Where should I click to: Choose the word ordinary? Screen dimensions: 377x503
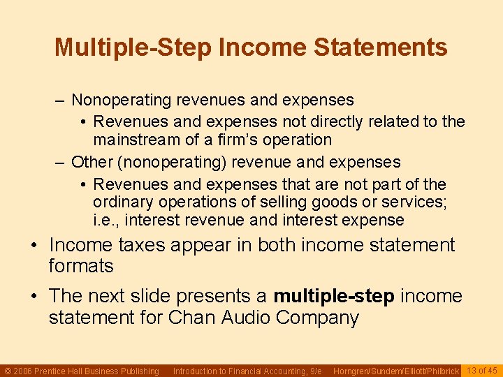coord(124,202)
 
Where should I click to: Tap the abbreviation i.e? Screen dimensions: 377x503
coord(107,221)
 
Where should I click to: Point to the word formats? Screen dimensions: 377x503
coord(80,266)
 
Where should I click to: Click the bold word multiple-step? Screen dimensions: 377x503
coord(334,296)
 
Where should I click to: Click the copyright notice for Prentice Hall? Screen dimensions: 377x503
coord(82,371)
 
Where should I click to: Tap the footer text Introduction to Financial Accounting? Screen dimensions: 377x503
coord(247,371)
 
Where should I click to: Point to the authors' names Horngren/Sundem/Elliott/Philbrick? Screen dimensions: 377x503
coord(396,371)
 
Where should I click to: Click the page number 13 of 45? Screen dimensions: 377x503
coord(482,371)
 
